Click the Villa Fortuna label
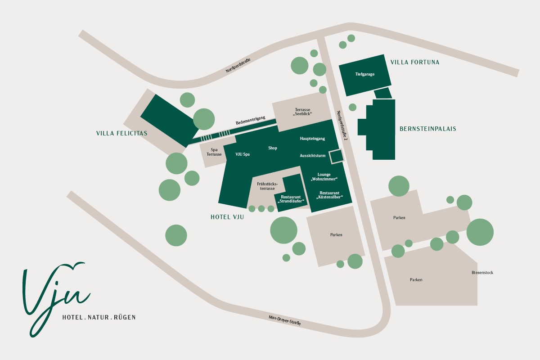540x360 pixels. pos(414,62)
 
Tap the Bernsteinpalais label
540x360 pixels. pos(427,129)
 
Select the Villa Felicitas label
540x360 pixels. pos(121,133)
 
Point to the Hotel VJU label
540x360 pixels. pos(227,217)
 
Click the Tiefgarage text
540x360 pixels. pos(364,74)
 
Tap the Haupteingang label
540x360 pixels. pos(312,139)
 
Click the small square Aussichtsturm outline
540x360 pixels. pos(336,156)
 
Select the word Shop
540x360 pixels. pos(273,148)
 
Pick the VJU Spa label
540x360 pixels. pos(243,154)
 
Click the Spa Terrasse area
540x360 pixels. pos(214,152)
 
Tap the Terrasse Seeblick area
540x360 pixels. pos(303,112)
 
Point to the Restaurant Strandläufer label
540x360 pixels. pos(291,199)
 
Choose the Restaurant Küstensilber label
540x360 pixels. pos(328,195)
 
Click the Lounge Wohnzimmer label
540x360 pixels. pos(324,176)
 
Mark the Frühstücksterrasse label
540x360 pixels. pos(267,186)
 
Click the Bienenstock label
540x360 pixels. pos(482,273)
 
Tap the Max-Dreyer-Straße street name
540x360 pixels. pos(284,320)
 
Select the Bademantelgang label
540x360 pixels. pos(251,120)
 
